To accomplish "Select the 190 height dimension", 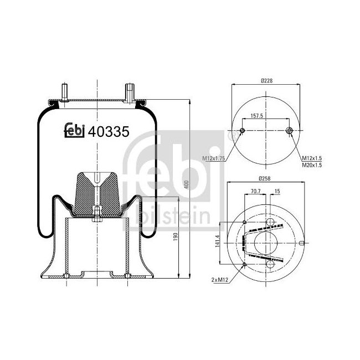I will coord(176,236).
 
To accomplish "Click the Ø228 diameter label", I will coord(266,80).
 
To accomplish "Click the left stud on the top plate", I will coord(64,91).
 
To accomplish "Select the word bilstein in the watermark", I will coord(172,214).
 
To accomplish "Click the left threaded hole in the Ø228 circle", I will coord(242,131).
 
